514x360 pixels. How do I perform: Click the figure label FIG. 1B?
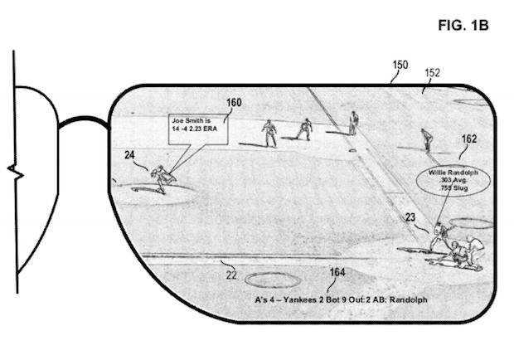464,26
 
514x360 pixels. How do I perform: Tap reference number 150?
400,65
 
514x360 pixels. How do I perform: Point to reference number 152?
432,72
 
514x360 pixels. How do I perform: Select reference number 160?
234,103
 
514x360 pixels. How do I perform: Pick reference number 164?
337,271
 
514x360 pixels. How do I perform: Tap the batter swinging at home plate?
441,231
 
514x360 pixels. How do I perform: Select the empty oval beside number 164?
274,280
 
